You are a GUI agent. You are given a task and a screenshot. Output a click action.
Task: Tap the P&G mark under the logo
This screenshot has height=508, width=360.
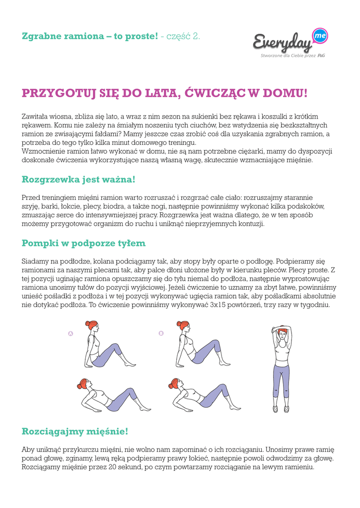tap(321, 56)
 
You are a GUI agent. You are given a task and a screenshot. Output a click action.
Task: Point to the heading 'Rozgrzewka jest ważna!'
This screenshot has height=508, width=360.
tap(78, 180)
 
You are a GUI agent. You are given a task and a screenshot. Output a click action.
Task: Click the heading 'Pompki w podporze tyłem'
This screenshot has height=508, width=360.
tap(83, 243)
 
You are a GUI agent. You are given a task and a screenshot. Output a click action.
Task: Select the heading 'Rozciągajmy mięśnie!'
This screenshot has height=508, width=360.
tap(75, 432)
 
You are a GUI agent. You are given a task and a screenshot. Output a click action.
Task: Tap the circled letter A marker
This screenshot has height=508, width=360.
tap(71, 334)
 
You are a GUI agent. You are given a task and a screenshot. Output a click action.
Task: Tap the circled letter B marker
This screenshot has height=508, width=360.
tap(161, 333)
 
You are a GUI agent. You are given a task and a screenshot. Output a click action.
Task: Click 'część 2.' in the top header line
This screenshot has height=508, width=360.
tap(183, 37)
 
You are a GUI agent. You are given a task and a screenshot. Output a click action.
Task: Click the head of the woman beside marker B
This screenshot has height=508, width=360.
tap(182, 328)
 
